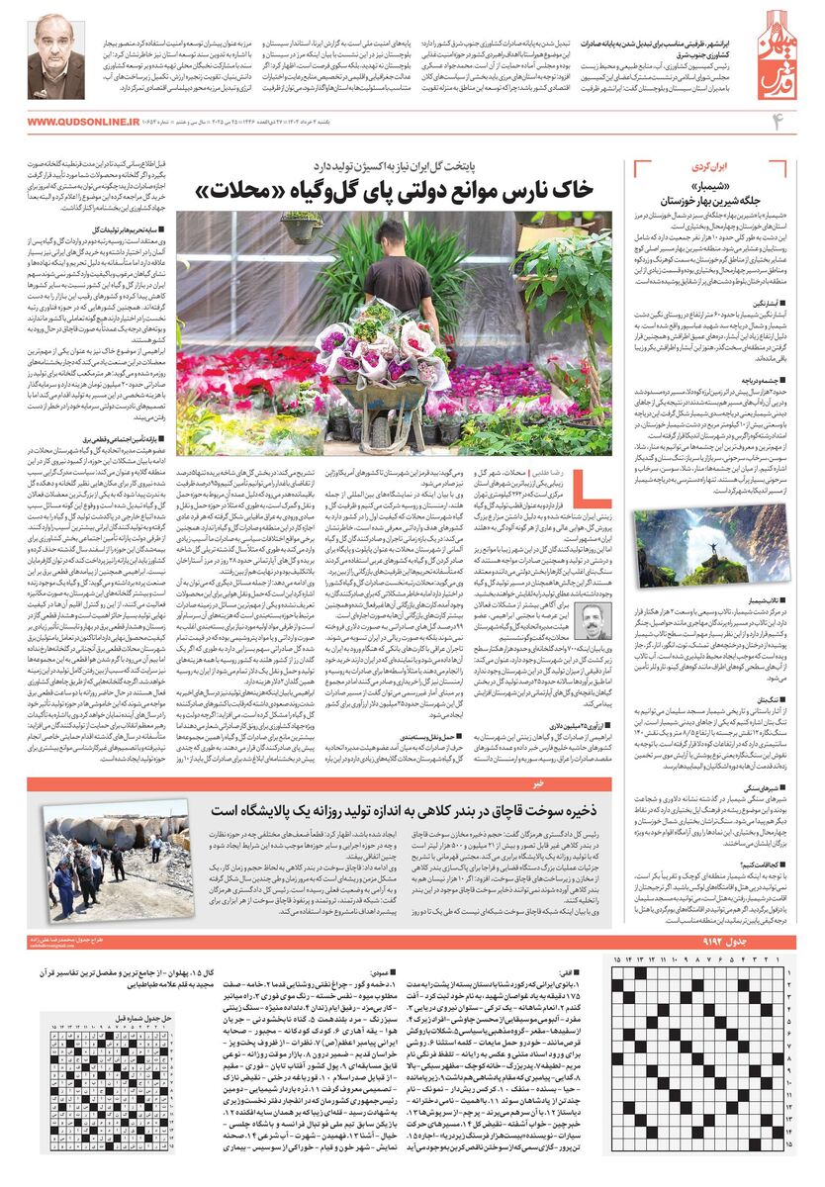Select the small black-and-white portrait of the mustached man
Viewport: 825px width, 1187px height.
pos(593,622)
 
